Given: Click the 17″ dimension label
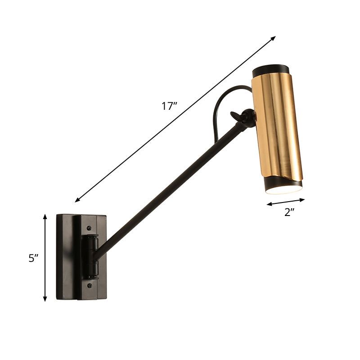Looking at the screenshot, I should coord(169,106).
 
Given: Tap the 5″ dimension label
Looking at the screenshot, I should coord(33,258).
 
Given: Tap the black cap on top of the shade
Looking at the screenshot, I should coord(270,71).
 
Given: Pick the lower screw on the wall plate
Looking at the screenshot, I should coord(90,285).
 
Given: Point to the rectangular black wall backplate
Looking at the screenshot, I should coord(65,256).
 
